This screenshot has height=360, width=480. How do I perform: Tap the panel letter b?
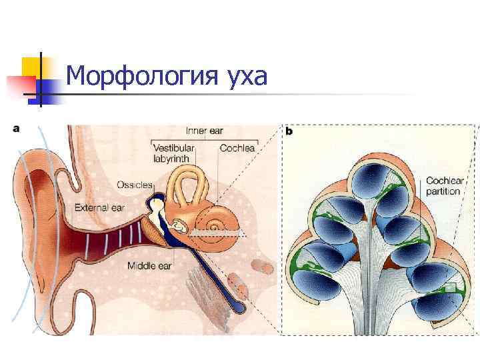(x=290, y=131)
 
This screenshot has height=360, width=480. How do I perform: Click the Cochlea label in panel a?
(x=237, y=147)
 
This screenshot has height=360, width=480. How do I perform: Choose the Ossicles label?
(x=134, y=184)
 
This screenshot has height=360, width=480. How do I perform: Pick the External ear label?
(x=99, y=207)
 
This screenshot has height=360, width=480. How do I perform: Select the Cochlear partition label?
(x=444, y=185)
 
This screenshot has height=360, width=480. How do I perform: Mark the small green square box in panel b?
(x=450, y=287)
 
